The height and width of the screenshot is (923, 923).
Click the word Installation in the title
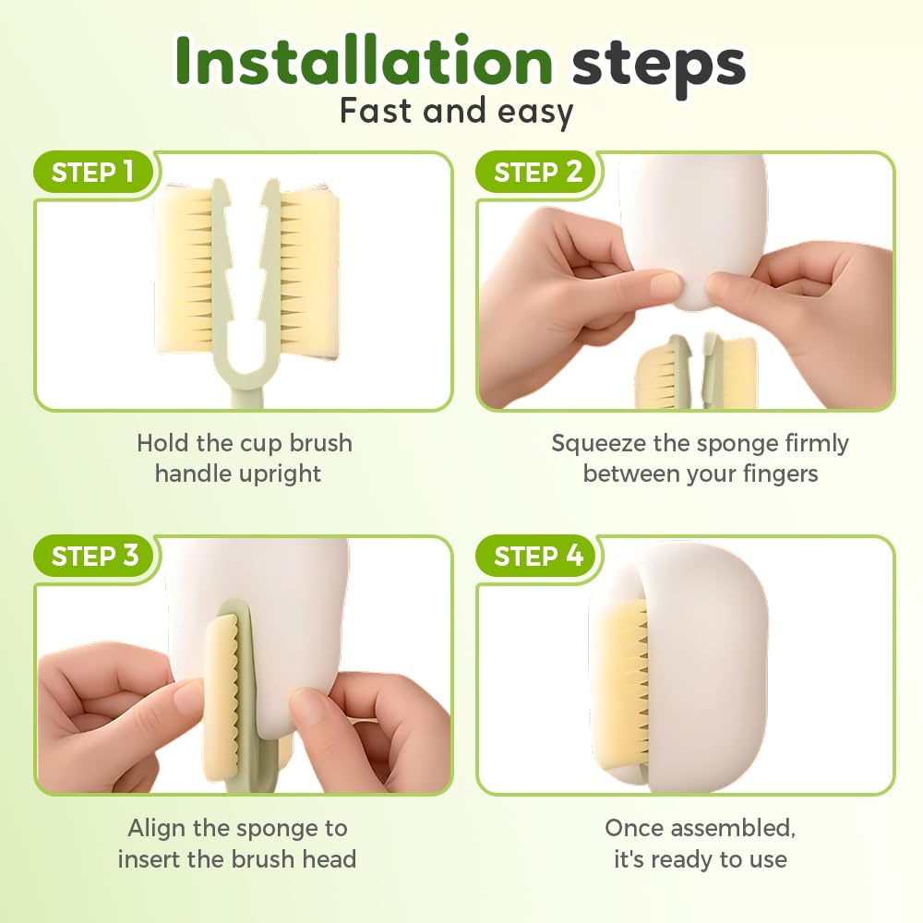[x=363, y=61]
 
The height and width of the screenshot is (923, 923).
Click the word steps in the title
[x=659, y=65]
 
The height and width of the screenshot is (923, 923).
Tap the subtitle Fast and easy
[x=456, y=112]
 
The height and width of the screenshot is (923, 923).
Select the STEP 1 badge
[x=93, y=172]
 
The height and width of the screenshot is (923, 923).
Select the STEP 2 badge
[x=537, y=172]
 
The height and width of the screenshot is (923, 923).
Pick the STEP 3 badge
[x=95, y=556]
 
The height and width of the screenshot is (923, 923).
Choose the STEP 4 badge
[x=538, y=556]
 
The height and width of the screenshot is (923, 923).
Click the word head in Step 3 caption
[x=330, y=858]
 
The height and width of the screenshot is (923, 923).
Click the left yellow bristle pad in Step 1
[x=185, y=270]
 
